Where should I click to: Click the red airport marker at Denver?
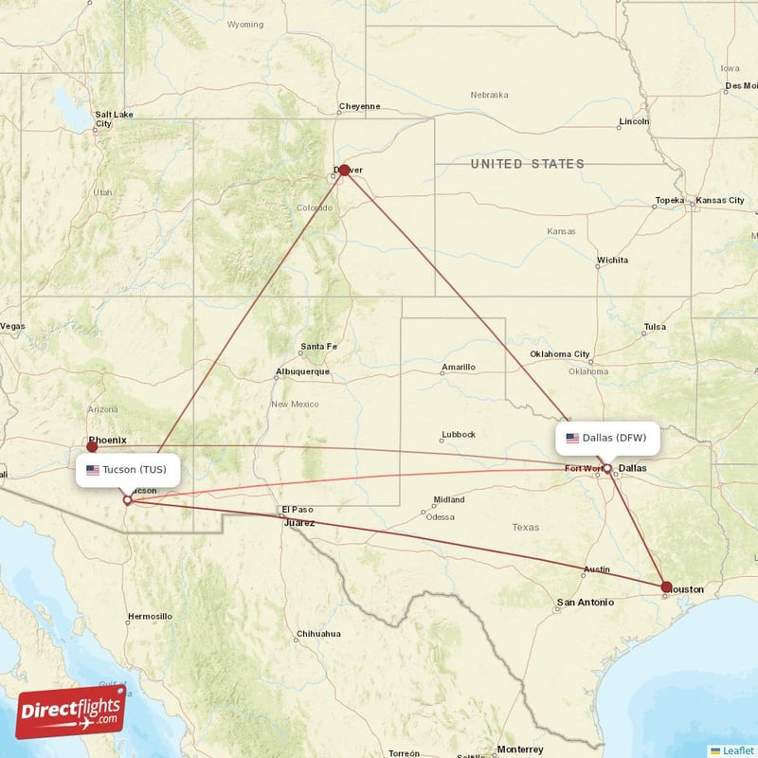344,170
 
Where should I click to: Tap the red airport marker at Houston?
667,587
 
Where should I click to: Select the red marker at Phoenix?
92,445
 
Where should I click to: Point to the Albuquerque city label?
302,371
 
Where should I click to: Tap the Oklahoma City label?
559,354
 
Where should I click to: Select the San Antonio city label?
585,602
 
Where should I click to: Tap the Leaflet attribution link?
737,750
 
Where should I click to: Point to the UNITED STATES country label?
528,164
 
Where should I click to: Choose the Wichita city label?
611,260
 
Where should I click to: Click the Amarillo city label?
459,367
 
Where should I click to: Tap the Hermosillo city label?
150,616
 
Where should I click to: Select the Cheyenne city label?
360,106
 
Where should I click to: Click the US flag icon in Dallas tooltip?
572,438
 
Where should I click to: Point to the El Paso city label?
297,510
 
